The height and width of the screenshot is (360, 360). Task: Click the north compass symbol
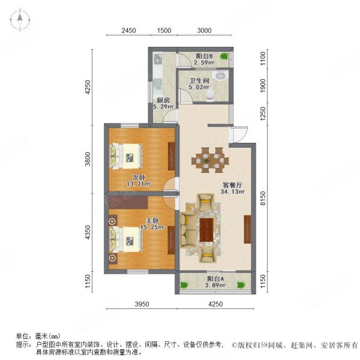pos(19,20)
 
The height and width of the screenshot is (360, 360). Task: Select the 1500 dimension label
pos(164,31)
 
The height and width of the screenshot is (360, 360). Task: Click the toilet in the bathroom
pos(210,95)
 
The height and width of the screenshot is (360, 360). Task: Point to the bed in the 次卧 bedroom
pos(128,156)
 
